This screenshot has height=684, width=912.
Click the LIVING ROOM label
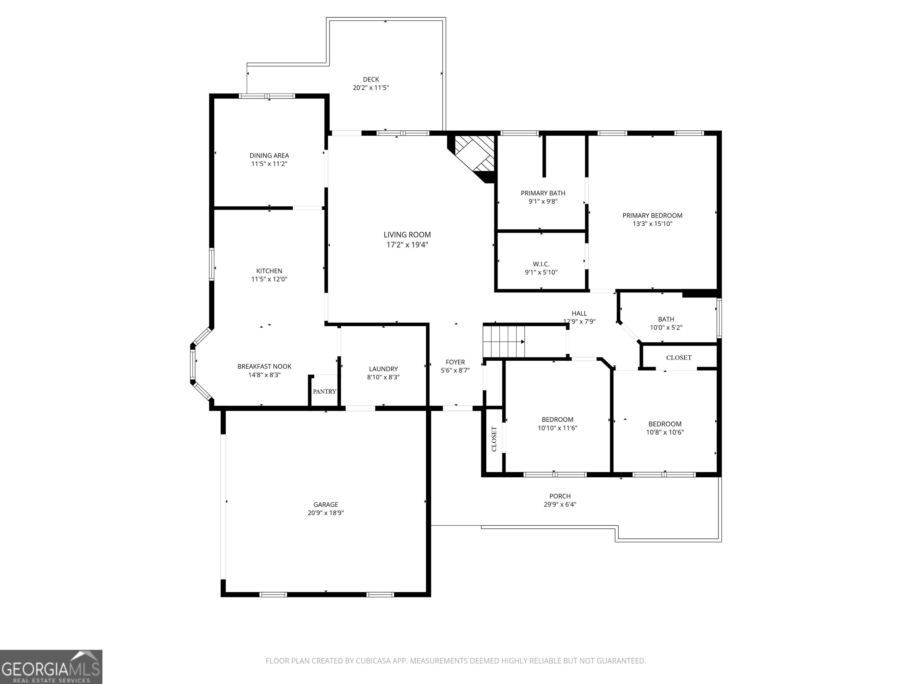point(407,235)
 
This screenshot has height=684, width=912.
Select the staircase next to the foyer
point(504,342)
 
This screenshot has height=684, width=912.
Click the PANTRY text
point(324,391)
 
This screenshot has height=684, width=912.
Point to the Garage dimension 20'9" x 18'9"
point(326,513)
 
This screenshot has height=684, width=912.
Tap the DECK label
point(371,79)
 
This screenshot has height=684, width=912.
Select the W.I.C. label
point(541,264)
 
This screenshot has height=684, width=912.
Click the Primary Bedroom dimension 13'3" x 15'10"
point(652,224)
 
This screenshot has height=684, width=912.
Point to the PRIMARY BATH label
point(543,193)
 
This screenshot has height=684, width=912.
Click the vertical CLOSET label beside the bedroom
point(494,439)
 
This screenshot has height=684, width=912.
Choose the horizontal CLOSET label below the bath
point(679,357)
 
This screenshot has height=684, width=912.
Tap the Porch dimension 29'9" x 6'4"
point(560,504)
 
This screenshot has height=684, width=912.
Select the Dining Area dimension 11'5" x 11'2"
point(269,164)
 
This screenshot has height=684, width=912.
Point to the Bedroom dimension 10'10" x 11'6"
point(558,428)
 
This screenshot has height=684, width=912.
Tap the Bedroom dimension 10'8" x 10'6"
point(665,432)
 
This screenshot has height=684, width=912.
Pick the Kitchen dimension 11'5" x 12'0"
point(269,279)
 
